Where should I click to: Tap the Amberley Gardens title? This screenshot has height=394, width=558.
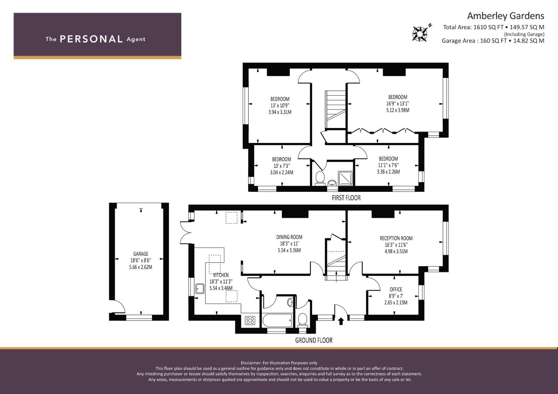click(x=505, y=16)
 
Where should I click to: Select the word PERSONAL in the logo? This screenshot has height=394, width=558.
click(x=91, y=39)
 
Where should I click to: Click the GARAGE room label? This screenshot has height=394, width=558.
click(x=141, y=254)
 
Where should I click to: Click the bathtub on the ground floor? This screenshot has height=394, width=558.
click(x=277, y=320)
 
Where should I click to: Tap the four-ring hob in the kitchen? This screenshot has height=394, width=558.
click(x=250, y=320)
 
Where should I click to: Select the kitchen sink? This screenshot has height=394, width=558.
click(x=200, y=289)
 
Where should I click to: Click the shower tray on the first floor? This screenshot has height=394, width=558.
click(x=345, y=178)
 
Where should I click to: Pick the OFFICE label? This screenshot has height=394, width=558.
click(x=396, y=289)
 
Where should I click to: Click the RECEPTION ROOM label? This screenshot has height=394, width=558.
click(x=396, y=238)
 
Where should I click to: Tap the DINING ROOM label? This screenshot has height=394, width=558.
click(x=289, y=237)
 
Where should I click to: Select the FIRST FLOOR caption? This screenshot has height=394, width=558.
click(x=346, y=198)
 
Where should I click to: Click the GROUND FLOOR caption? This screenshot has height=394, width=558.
click(x=314, y=340)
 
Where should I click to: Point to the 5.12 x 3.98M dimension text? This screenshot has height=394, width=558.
click(x=398, y=110)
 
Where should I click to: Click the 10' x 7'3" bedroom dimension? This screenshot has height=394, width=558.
click(x=282, y=166)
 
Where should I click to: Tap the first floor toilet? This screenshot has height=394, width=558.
click(x=320, y=178)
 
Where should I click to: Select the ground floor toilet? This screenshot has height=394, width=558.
click(x=303, y=320)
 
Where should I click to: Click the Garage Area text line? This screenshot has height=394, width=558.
click(x=493, y=41)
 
